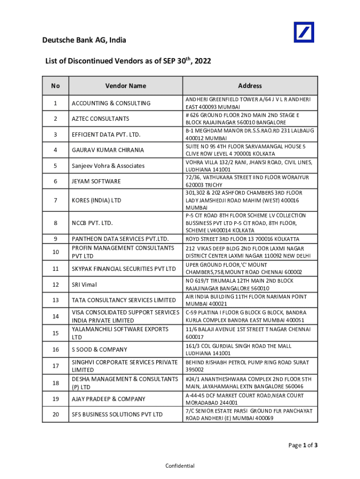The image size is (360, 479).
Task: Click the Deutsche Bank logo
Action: tap(303, 33)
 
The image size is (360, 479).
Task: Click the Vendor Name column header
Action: tap(125, 86)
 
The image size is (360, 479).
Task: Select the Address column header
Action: tap(250, 86)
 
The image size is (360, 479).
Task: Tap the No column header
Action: tap(56, 86)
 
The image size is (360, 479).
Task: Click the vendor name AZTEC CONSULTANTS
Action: tap(101, 119)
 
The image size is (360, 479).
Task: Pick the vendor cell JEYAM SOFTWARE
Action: tap(96, 181)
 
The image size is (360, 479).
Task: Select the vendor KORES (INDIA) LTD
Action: tap(96, 200)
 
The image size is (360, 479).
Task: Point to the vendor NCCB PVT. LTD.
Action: tap(93, 223)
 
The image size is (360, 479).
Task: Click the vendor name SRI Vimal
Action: tap(84, 284)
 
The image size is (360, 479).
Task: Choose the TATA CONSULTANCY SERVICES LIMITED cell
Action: tap(123, 300)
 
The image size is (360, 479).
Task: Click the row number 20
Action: tap(56, 414)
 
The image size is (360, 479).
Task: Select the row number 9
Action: tap(56, 239)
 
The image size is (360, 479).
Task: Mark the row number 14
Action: tap(56, 317)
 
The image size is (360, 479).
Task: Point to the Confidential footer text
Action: tap(180, 466)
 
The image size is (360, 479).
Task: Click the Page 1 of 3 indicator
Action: tap(302, 445)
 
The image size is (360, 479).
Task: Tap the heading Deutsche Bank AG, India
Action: tap(84, 41)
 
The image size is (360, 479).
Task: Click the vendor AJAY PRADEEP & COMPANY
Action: tap(108, 399)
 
